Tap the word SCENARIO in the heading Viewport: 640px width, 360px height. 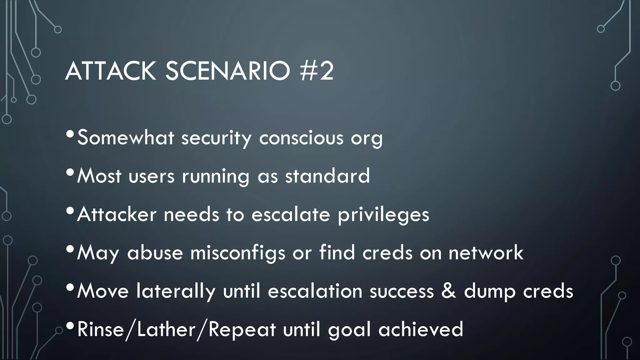pyautogui.click(x=228, y=71)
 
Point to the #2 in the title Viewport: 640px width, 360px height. pyautogui.click(x=317, y=71)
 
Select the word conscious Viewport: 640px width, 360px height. pyautogui.click(x=301, y=138)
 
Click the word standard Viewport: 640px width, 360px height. pyautogui.click(x=327, y=176)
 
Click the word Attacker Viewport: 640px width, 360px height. pyautogui.click(x=117, y=214)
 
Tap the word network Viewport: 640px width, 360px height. pyautogui.click(x=486, y=252)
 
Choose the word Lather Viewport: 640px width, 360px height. pyautogui.click(x=166, y=329)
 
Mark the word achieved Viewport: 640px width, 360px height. pyautogui.click(x=421, y=329)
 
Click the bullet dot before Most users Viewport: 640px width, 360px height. pyautogui.click(x=70, y=172)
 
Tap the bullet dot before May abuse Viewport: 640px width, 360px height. pyautogui.click(x=70, y=249)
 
